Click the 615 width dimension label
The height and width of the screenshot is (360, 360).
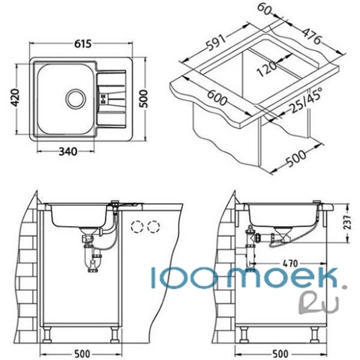pos(83,44)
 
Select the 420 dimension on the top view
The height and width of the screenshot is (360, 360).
pos(15,97)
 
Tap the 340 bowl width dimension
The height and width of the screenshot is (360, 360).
pos(68,152)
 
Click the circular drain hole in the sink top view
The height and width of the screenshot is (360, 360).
pos(76,99)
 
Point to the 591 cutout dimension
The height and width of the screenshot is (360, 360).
pos(217,42)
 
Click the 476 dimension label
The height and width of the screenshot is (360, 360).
pos(311,36)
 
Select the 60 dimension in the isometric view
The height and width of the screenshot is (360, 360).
pos(264,9)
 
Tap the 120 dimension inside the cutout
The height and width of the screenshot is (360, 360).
pos(266,68)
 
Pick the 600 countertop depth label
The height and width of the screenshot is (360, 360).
pos(217,97)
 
